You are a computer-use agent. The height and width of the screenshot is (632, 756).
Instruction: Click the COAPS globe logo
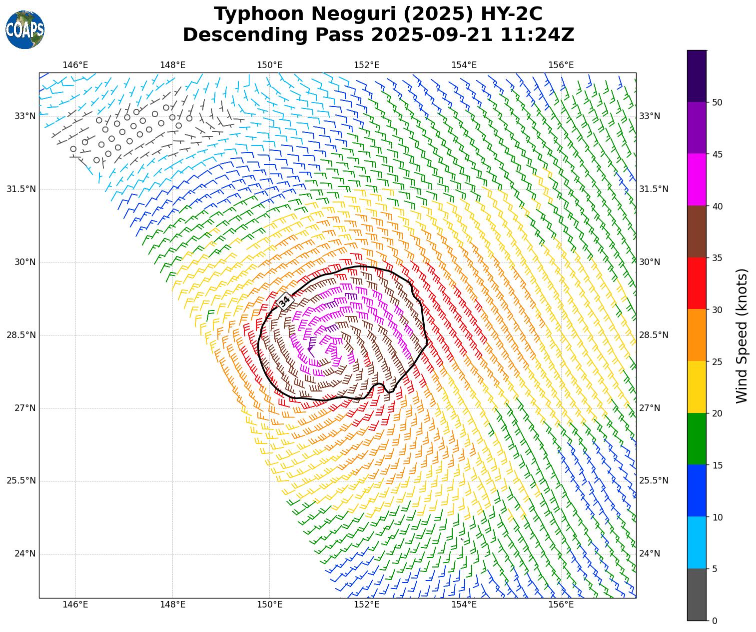point(25,30)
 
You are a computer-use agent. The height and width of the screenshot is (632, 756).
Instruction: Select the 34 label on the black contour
point(284,301)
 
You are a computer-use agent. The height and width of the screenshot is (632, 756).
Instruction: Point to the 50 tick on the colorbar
point(718,102)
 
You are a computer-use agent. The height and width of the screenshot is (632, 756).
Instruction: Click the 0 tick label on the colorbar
point(715,621)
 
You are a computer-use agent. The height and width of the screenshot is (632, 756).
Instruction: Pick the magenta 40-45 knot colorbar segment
point(697,179)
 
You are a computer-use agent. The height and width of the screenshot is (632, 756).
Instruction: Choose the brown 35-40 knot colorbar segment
point(697,231)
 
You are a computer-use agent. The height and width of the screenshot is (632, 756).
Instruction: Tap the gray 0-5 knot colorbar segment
point(697,594)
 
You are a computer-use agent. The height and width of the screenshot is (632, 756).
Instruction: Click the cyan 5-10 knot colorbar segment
point(697,542)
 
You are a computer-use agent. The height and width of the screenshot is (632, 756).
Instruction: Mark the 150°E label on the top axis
point(270,65)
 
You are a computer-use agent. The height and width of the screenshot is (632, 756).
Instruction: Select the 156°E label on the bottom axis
point(561,605)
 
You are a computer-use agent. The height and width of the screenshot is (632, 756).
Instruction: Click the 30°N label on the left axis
point(25,262)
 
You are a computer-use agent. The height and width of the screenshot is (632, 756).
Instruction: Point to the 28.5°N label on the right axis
point(654,335)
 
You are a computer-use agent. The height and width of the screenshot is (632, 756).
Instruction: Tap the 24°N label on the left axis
point(25,553)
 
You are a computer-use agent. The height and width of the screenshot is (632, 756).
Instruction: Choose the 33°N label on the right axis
point(650,116)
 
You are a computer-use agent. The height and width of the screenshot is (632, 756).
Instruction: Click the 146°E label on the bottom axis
point(75,605)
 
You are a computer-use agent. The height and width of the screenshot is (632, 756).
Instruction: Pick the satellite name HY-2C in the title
point(511,14)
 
